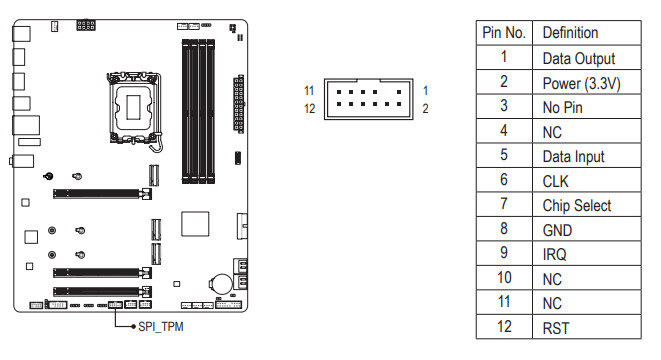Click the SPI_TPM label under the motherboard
161,327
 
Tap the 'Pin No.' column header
504,32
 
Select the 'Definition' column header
570,32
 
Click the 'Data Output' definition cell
579,58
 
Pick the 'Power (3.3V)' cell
581,83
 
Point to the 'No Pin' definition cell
562,107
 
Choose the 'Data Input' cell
573,156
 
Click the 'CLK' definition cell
555,181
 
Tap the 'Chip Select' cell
577,206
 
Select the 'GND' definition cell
557,230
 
